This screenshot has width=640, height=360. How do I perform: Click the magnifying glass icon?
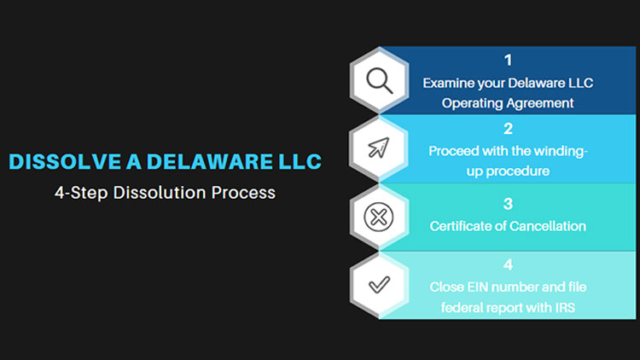coord(380,80)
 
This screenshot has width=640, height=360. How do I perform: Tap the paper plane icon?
coord(378,148)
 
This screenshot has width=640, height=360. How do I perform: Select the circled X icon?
coord(378,217)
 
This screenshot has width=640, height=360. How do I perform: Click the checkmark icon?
coord(379,284)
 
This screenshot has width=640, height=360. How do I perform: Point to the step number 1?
coord(508,61)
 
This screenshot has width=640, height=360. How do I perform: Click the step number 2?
coord(508,129)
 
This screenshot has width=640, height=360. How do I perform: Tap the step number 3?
coord(508,204)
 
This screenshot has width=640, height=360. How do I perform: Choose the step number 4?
coord(508,264)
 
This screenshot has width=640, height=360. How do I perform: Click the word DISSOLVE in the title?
coord(65,161)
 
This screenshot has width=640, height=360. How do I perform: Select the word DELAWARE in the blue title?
coord(209,161)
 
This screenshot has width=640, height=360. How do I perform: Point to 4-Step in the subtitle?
coord(81,193)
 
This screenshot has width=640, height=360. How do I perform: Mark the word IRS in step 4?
coord(565,307)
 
